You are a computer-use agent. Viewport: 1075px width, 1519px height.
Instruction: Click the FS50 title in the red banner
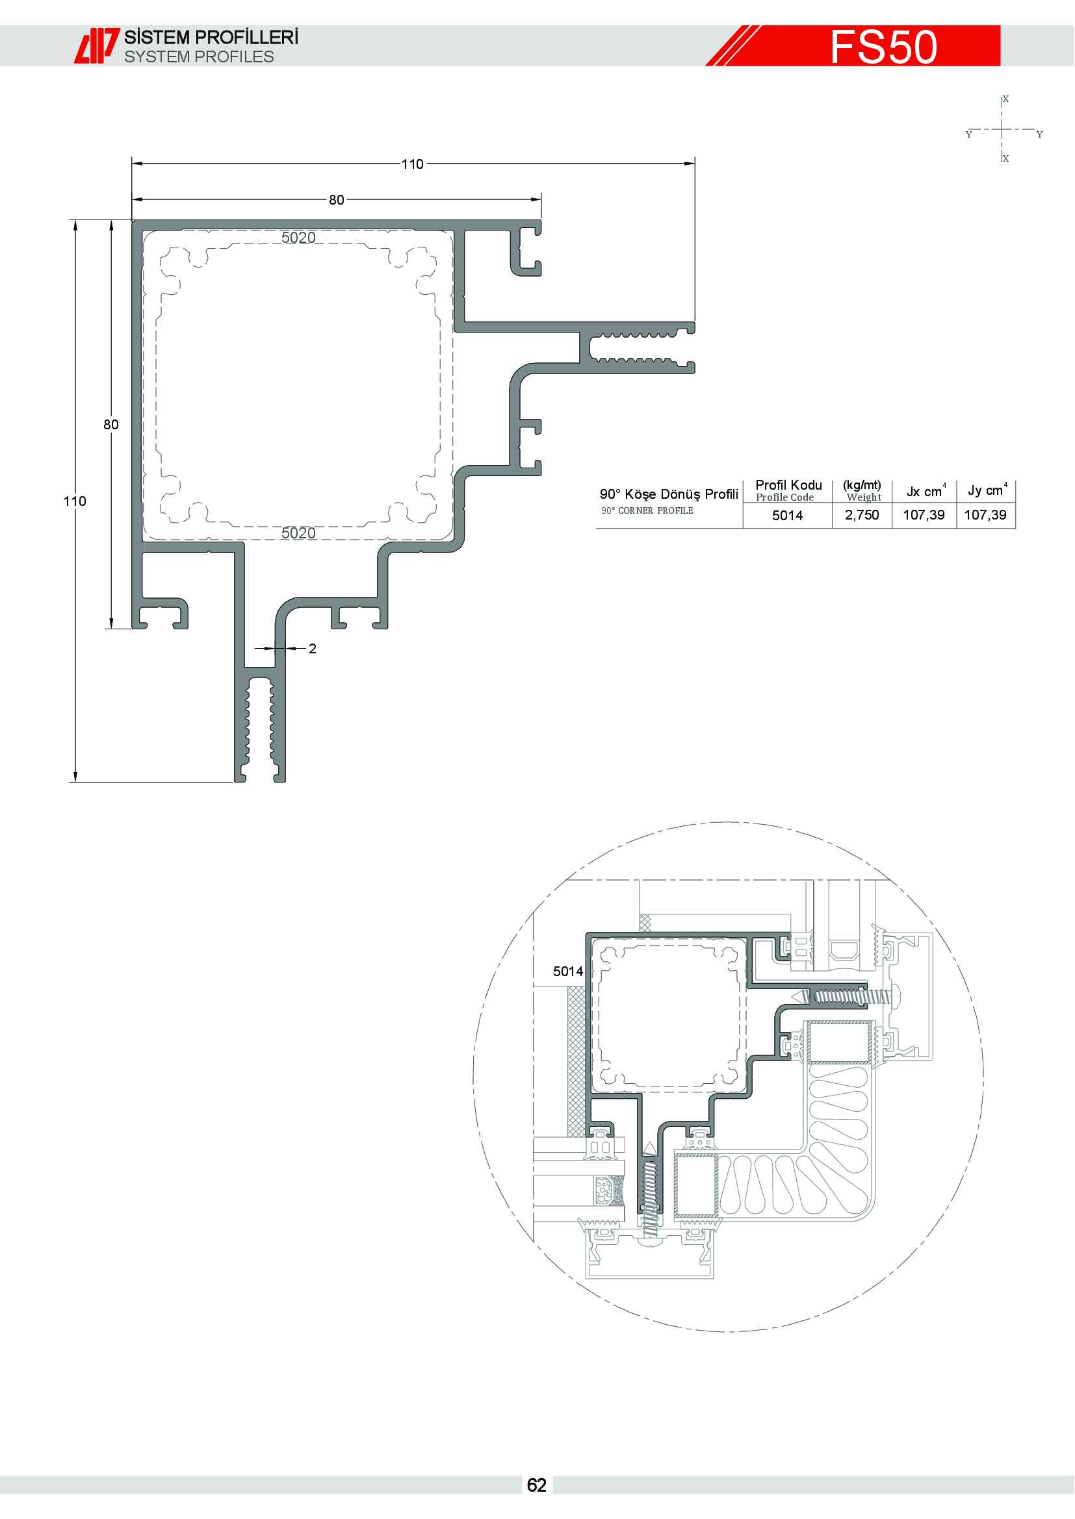[x=884, y=47]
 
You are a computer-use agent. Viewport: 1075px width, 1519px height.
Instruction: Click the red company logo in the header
[x=97, y=45]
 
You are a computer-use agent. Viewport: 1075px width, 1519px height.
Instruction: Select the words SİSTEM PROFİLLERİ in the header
[x=211, y=38]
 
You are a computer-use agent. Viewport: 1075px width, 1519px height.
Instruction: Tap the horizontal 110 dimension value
[x=413, y=164]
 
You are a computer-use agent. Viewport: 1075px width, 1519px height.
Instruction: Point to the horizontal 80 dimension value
[x=336, y=200]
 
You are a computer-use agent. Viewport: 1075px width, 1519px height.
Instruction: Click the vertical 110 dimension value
[x=75, y=501]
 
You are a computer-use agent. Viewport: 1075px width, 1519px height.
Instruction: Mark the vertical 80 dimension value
[x=111, y=425]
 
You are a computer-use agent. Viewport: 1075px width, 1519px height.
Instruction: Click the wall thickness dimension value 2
[x=313, y=648]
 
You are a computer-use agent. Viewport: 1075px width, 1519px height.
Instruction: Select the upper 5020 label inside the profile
[x=298, y=238]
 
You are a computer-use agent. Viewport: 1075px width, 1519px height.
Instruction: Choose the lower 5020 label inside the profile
[x=298, y=533]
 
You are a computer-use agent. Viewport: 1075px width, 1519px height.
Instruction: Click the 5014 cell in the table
[x=788, y=516]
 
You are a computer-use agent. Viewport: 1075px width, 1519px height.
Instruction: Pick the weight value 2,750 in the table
[x=862, y=515]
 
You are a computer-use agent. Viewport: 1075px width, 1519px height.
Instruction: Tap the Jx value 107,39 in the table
[x=924, y=515]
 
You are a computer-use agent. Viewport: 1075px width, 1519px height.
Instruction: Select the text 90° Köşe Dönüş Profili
[x=669, y=494]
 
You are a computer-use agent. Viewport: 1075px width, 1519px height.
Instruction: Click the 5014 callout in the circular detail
[x=568, y=971]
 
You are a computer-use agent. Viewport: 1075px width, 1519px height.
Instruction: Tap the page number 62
[x=537, y=1485]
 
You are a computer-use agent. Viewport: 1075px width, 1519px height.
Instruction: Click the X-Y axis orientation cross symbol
[x=1003, y=129]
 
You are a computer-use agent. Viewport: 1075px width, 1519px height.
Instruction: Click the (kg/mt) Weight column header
[x=862, y=491]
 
